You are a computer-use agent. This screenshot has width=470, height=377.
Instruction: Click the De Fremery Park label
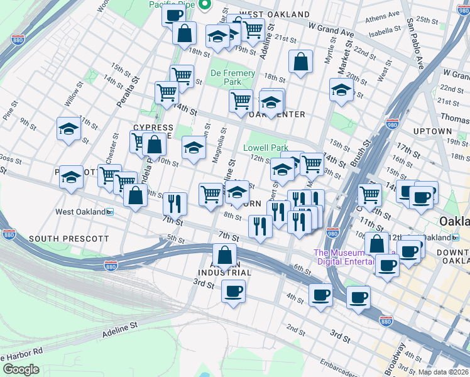click(232, 77)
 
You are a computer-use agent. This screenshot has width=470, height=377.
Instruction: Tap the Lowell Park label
click(266, 148)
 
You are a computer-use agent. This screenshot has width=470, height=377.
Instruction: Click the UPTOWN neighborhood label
click(432, 131)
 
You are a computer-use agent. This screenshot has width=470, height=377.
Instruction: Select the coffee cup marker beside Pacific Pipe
click(173, 15)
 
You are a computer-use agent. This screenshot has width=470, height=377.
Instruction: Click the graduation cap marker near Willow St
click(68, 129)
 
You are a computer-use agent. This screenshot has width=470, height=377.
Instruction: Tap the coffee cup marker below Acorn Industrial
click(233, 291)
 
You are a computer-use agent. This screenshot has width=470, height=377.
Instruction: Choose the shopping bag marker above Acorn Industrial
click(224, 255)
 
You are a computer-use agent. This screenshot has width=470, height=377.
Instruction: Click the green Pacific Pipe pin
click(204, 6)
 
